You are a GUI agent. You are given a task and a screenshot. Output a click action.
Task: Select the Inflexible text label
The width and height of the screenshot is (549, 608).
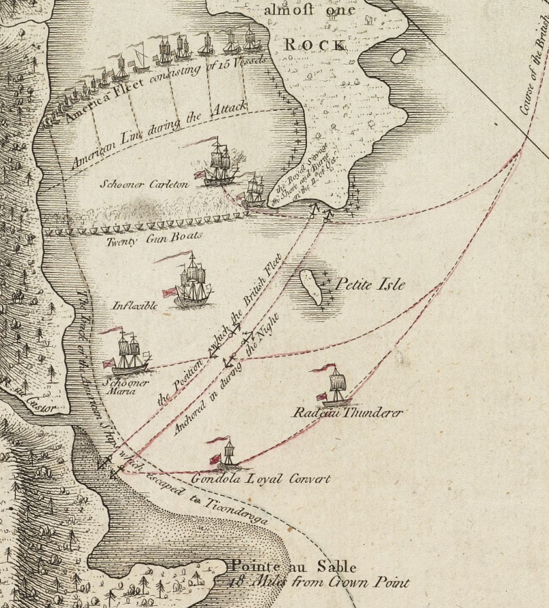[135, 306]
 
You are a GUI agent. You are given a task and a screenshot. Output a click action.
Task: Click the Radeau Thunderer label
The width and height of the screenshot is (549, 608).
[347, 413]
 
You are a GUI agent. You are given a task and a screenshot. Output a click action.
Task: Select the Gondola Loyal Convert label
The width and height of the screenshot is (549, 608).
[261, 479]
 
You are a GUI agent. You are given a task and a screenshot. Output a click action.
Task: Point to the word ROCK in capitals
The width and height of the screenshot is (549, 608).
[315, 44]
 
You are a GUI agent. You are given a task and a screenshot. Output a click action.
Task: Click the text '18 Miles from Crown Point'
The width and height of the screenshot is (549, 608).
[319, 583]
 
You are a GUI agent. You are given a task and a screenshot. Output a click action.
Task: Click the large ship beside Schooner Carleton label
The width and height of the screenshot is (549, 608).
[219, 164]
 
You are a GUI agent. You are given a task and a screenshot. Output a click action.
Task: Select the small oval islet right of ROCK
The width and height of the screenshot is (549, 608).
[398, 55]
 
